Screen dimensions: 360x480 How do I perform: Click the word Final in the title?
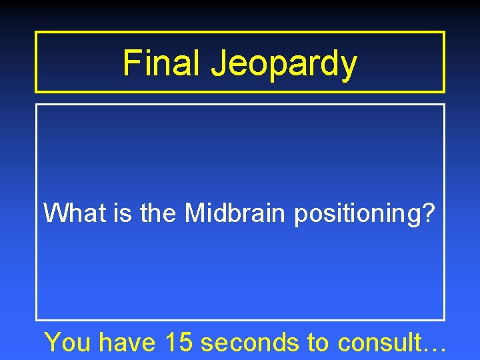click(x=163, y=63)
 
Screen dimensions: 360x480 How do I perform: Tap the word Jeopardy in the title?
click(x=284, y=65)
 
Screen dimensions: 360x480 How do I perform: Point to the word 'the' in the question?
click(x=159, y=213)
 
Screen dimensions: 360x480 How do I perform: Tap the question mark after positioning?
click(x=429, y=213)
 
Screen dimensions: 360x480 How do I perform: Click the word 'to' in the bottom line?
click(x=319, y=343)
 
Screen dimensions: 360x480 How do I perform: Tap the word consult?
click(x=379, y=343)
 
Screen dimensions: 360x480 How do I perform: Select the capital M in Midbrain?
click(x=194, y=213)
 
